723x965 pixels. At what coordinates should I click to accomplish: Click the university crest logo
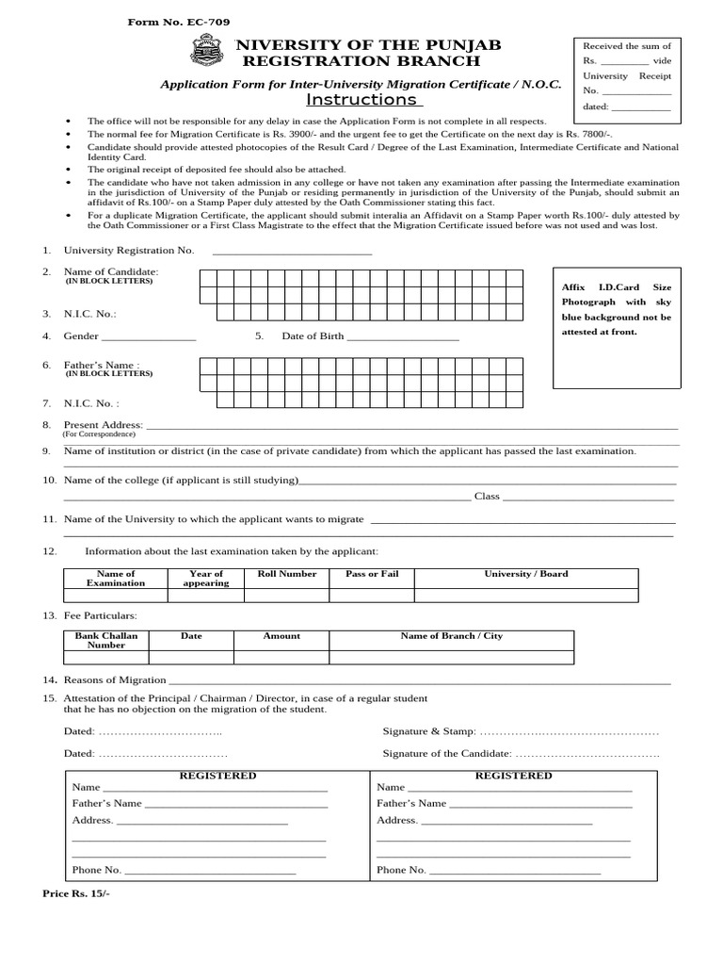pos(206,50)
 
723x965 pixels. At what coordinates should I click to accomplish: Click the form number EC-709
pos(179,22)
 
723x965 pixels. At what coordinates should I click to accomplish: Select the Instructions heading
pos(361,100)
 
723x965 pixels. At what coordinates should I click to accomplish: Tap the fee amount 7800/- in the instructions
pos(593,135)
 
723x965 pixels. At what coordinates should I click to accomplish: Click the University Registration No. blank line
pos(292,251)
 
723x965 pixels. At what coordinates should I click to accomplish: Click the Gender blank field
pos(148,336)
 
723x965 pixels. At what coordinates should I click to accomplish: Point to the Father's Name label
pos(101,365)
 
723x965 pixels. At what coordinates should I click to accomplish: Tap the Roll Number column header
pos(287,574)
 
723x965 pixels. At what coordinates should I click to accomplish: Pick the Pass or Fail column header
pos(372,574)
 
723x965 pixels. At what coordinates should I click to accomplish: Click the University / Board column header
pos(526,574)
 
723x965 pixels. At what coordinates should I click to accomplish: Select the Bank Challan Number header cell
pos(106,640)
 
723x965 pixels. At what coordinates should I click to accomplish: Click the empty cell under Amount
pos(281,657)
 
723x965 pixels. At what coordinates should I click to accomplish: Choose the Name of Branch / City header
pos(452,636)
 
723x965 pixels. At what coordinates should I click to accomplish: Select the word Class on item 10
pos(487,496)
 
